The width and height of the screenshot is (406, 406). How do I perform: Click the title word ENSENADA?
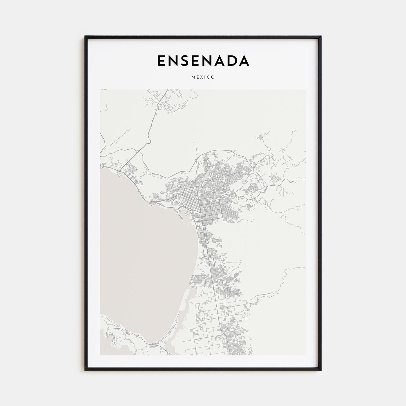[203, 61]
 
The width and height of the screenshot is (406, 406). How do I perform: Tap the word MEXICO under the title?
[203, 77]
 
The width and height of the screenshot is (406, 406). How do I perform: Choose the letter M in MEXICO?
[193, 77]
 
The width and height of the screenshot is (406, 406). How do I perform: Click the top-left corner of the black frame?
[85, 37]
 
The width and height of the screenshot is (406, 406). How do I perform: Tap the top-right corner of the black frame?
[321, 37]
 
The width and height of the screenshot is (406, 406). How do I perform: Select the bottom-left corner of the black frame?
[85, 370]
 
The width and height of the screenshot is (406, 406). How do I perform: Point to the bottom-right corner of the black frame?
[321, 370]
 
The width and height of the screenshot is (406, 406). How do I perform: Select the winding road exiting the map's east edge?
[299, 180]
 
